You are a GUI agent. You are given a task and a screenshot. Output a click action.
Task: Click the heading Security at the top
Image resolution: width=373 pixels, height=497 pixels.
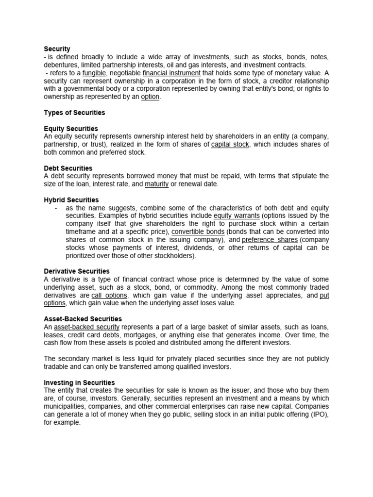coord(57,49)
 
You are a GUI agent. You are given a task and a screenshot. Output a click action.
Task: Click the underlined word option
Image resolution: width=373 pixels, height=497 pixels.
coord(150,97)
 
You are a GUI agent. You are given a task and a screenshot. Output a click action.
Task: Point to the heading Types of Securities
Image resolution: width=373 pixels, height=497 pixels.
coord(74,113)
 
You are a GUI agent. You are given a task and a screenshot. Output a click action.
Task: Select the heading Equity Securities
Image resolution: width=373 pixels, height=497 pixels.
coord(71,129)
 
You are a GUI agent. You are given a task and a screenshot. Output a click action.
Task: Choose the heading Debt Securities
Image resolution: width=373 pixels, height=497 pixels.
coord(68,168)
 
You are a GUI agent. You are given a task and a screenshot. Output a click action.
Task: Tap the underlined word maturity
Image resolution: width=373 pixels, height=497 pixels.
coord(156,184)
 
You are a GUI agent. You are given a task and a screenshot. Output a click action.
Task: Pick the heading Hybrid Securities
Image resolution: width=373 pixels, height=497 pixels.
coord(71,200)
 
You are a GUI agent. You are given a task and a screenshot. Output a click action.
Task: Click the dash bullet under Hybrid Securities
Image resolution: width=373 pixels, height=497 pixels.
coord(57,208)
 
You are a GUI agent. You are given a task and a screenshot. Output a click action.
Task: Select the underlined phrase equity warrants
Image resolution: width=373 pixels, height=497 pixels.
coord(237,215)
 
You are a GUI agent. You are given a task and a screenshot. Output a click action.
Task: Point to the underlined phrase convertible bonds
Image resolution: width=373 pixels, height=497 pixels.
coord(198,232)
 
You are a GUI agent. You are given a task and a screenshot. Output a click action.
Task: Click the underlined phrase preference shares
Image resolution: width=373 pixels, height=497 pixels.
coord(270,240)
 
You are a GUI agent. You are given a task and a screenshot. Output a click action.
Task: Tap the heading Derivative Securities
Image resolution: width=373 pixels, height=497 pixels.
coord(77,271)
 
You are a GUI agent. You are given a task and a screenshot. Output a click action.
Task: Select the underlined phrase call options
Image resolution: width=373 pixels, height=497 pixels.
coord(109,295)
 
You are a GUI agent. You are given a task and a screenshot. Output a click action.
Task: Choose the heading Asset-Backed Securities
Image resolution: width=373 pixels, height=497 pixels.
coord(83,319)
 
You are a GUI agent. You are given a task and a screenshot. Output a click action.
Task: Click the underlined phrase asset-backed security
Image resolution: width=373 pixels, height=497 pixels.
coord(87,327)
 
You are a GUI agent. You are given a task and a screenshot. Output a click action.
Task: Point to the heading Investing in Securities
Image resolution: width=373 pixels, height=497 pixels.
coord(79,382)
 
